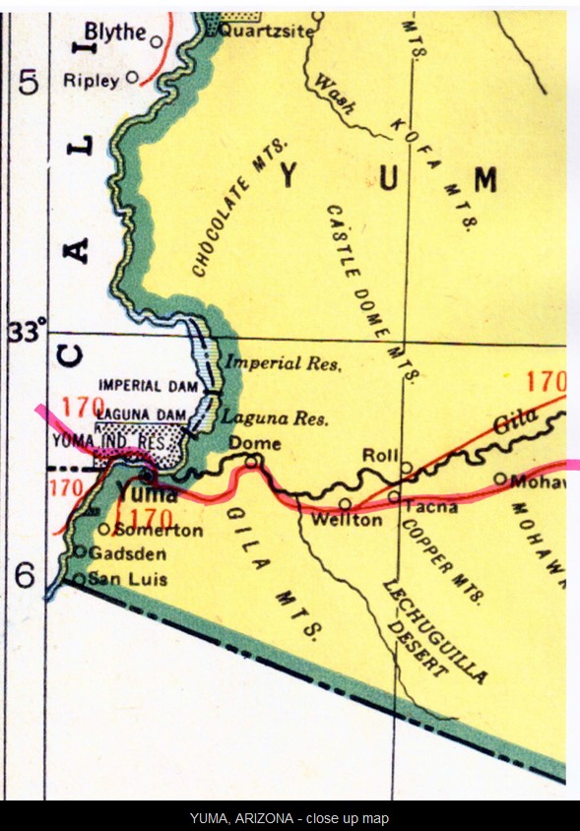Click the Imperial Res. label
(284, 363)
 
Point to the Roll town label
(378, 455)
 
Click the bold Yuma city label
(147, 493)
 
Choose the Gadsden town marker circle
(80, 551)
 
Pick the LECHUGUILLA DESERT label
(433, 630)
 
